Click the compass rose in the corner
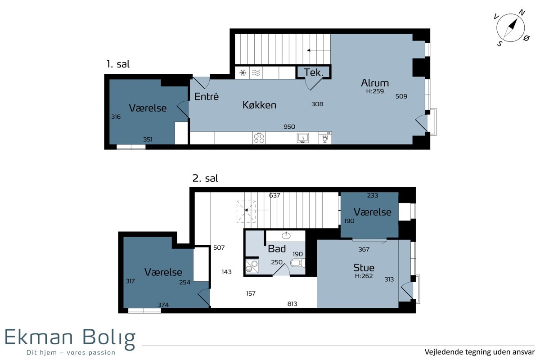coord(511,28)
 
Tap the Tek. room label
coord(313,72)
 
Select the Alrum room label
coord(375,83)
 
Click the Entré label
coord(207,96)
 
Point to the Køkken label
coord(259,105)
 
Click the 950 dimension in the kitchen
coord(289,126)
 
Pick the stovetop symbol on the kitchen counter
coord(259,138)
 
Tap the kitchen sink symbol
coord(303,138)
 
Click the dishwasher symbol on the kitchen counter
coord(325,138)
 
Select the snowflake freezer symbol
coord(243,72)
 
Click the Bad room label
coord(277,248)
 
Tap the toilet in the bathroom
coord(298,263)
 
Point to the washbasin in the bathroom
coord(286,235)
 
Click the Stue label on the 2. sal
coord(364,268)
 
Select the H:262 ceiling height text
coord(364,276)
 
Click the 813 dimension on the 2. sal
coord(292,304)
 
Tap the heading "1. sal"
coord(118,64)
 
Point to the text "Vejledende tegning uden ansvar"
coord(480,352)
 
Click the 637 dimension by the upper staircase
coord(274,195)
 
